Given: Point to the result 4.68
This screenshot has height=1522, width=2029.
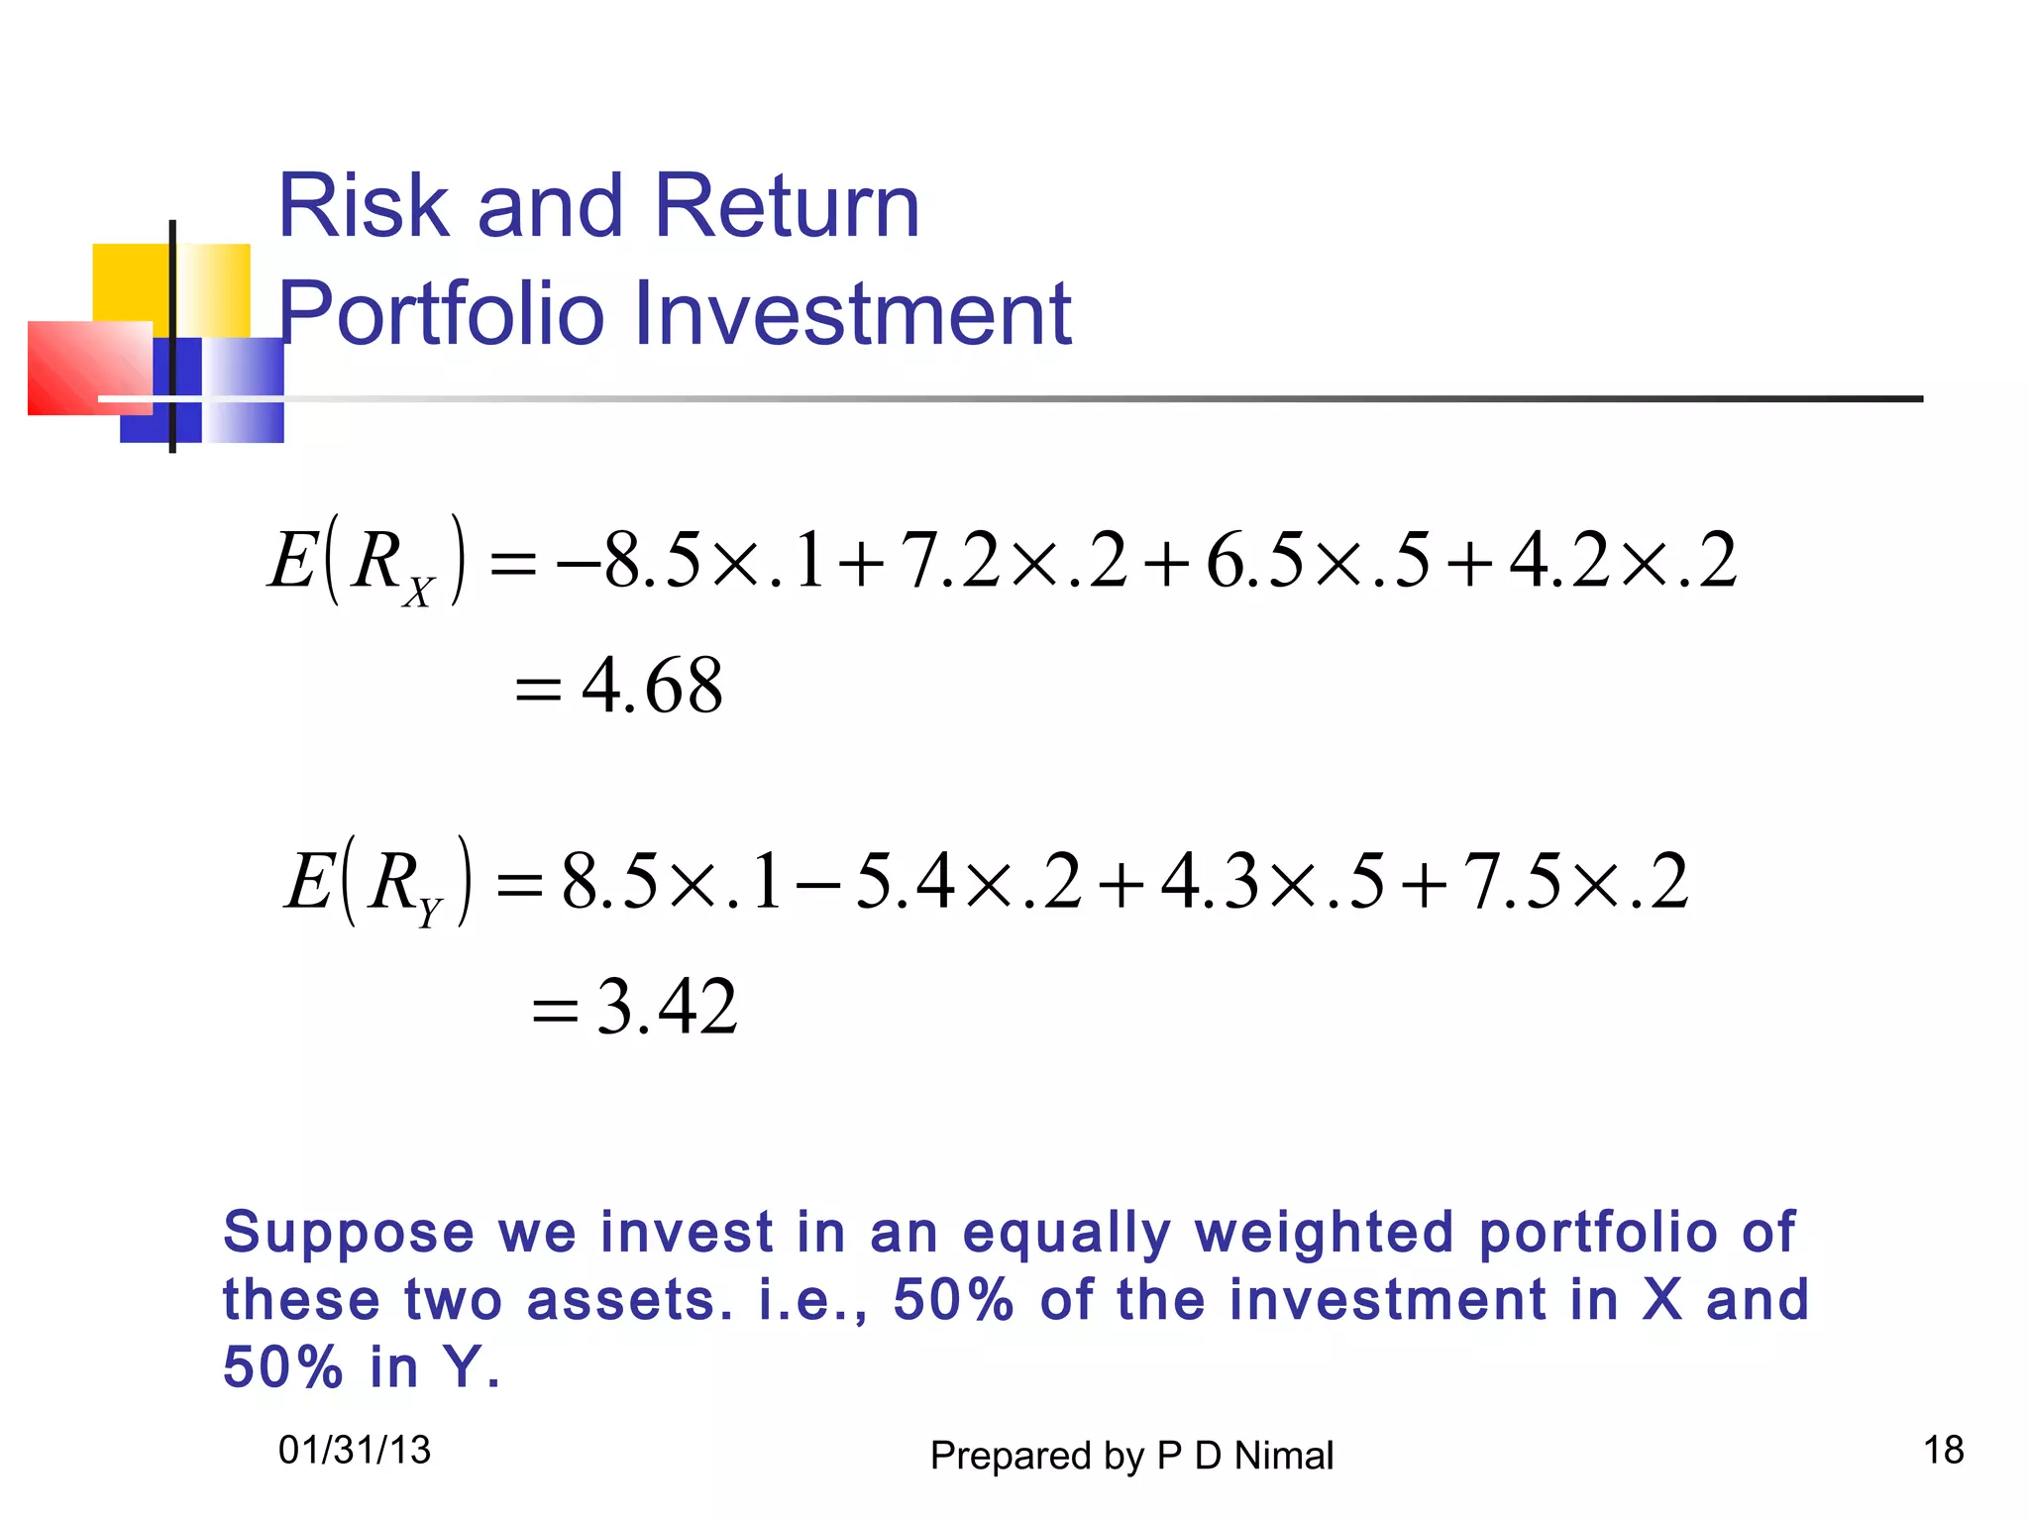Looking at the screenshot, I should click(651, 686).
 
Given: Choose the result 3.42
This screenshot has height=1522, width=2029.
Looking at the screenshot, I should click(667, 1007).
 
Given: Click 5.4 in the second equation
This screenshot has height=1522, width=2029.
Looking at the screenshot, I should click(904, 881).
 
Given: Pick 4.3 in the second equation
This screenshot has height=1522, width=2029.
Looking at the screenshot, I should click(1209, 881).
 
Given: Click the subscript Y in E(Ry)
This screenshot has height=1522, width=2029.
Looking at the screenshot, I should click(429, 912).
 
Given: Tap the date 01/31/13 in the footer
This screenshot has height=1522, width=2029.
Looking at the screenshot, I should click(355, 1451).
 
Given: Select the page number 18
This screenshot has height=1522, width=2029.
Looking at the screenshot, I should click(1943, 1451).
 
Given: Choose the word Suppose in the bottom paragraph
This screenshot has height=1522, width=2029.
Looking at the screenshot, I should click(349, 1234).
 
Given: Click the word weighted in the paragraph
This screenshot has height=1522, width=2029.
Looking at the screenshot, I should click(1324, 1234).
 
